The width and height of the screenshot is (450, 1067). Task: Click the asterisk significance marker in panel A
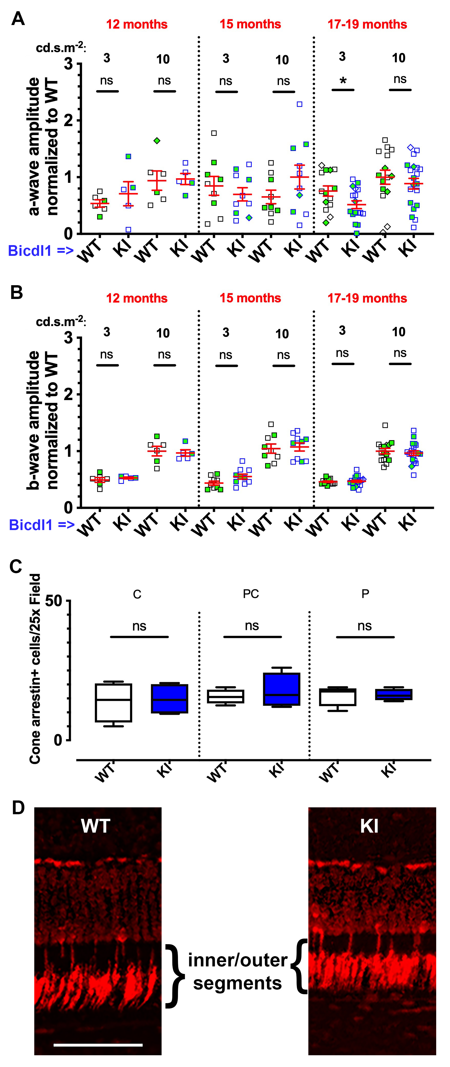[343, 81]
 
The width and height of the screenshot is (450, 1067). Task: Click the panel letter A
[18, 19]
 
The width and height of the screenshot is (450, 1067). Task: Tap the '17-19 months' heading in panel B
[367, 298]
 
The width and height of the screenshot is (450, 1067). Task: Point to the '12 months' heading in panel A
[137, 25]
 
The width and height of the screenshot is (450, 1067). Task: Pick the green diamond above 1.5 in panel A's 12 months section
[157, 141]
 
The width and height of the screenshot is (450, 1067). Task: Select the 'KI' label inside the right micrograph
[369, 826]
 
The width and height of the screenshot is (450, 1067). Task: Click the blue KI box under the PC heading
[282, 689]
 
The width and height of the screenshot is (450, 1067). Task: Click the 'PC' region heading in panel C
[251, 594]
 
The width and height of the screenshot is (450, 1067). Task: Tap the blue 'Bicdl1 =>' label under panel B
[41, 525]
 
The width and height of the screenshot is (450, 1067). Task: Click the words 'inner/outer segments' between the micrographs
[238, 972]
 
